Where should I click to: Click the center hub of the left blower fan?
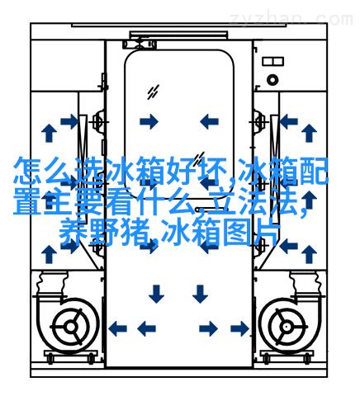coord(71,327)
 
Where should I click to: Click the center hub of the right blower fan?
coord(287,327)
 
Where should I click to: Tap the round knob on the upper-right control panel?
coord(272,80)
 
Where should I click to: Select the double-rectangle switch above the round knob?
coord(272,61)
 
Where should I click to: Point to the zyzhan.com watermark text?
coord(291,20)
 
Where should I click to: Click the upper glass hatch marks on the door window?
coord(153,92)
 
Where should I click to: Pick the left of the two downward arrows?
coord(156,294)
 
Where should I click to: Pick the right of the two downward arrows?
coord(200,294)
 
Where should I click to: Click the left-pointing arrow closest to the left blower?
coord(118,328)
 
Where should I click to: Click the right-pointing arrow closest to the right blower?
coord(239,328)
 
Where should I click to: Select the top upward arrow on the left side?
coord(49,133)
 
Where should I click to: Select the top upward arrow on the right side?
coord(309,133)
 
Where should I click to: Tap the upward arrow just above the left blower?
coord(49,254)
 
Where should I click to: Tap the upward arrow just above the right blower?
coord(309,254)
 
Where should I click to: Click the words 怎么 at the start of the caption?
coord(42,171)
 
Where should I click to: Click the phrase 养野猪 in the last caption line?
coord(105,233)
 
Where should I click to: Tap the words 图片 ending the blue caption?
coord(251,233)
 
